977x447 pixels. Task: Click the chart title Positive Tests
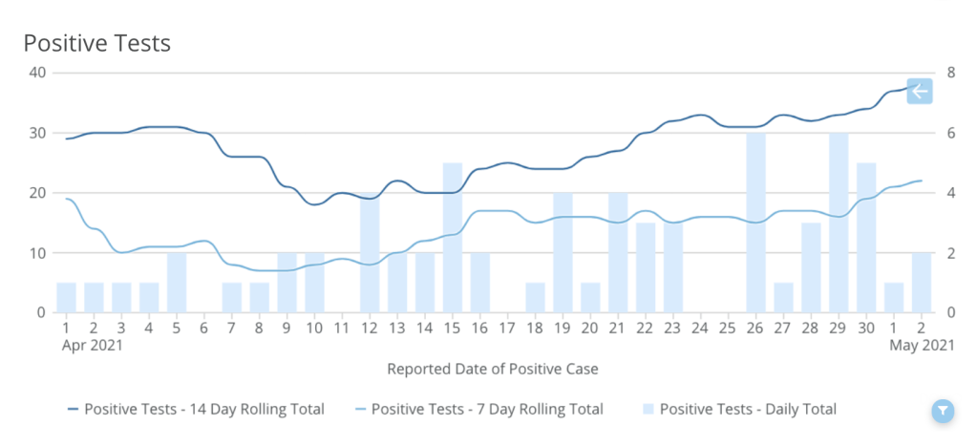pyautogui.click(x=96, y=43)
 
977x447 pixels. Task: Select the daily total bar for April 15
pyautogui.click(x=453, y=239)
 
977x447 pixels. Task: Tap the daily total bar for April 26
pyautogui.click(x=756, y=223)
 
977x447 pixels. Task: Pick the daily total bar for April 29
pyautogui.click(x=839, y=223)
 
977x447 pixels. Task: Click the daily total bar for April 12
pyautogui.click(x=371, y=253)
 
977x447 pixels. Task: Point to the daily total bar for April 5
pyautogui.click(x=177, y=284)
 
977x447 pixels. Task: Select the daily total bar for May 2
pyautogui.click(x=922, y=284)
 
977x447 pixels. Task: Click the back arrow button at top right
pyautogui.click(x=919, y=92)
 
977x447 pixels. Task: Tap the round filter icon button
pyautogui.click(x=943, y=411)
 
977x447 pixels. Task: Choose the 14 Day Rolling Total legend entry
pyautogui.click(x=196, y=409)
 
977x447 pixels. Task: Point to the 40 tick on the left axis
pyautogui.click(x=38, y=73)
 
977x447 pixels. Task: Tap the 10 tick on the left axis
pyautogui.click(x=38, y=253)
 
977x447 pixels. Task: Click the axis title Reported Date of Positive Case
pyautogui.click(x=492, y=368)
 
